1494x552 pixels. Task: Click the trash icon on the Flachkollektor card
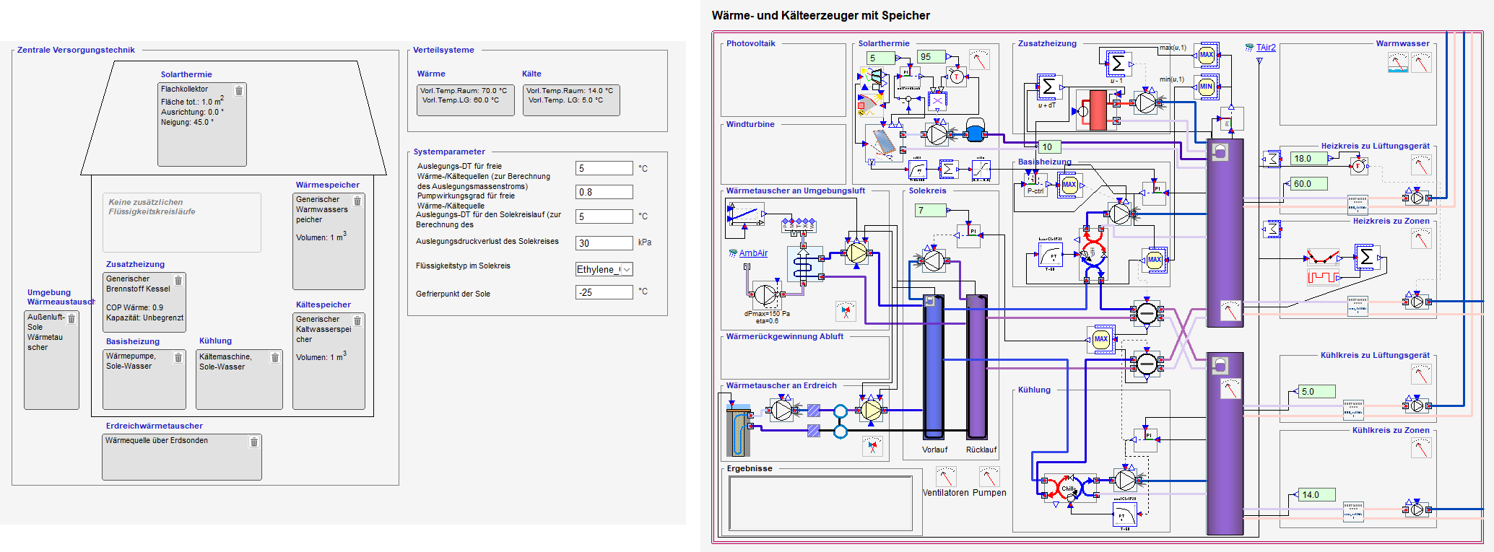coord(239,91)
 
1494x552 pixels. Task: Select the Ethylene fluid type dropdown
coord(604,269)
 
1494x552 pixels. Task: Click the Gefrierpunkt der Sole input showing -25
coord(604,292)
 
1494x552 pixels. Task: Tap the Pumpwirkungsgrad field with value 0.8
coord(604,192)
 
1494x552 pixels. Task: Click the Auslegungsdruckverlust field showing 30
coord(604,243)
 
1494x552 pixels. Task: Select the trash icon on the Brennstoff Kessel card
coord(178,280)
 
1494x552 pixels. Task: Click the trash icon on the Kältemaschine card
coord(274,357)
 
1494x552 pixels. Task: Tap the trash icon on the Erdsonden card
coord(253,442)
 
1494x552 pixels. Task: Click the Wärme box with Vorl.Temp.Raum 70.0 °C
coord(466,100)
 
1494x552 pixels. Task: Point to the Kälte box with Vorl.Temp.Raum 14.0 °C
coord(571,100)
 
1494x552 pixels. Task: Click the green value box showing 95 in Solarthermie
coord(931,57)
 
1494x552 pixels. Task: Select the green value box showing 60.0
coord(1308,184)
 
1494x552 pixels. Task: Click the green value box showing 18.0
coord(1308,159)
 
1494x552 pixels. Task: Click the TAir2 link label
coord(1266,48)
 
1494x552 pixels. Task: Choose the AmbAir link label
coord(753,253)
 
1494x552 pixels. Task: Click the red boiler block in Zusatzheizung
coord(1098,110)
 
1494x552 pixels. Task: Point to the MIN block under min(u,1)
coord(1207,87)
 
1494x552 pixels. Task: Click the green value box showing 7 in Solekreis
coord(930,211)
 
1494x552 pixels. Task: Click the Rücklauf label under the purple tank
coord(981,450)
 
